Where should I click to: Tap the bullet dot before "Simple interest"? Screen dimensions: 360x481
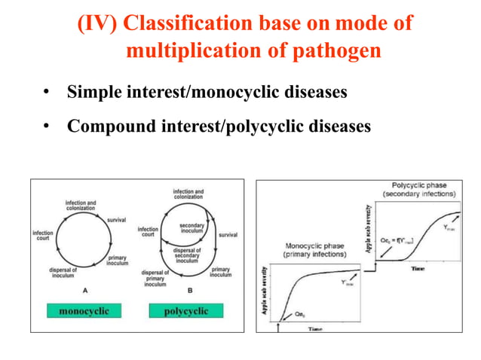coord(46,93)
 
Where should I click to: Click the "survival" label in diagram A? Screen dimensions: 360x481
coord(116,220)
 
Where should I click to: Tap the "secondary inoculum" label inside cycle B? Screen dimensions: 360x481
coord(191,228)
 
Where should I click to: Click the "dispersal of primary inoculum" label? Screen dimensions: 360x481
coord(156,277)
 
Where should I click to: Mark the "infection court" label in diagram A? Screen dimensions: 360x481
coord(42,236)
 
